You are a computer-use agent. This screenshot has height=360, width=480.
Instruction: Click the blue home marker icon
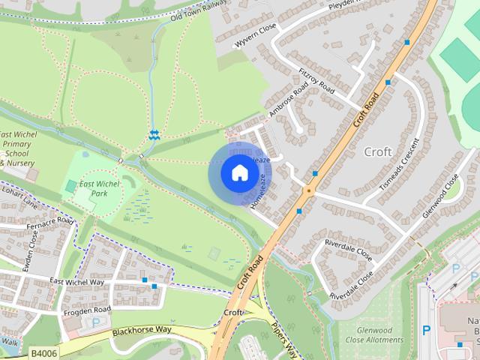pos(239,173)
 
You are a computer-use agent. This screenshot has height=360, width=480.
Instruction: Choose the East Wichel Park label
pos(94,188)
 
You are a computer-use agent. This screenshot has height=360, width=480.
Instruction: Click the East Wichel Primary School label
pos(18,148)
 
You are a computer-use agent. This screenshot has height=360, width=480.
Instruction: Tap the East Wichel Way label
pos(76,282)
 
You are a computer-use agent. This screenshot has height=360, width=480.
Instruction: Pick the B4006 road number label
pos(43,352)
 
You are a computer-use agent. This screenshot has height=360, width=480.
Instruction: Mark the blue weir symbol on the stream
pos(154,134)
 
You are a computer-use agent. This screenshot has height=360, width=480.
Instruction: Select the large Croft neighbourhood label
pos(377,151)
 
